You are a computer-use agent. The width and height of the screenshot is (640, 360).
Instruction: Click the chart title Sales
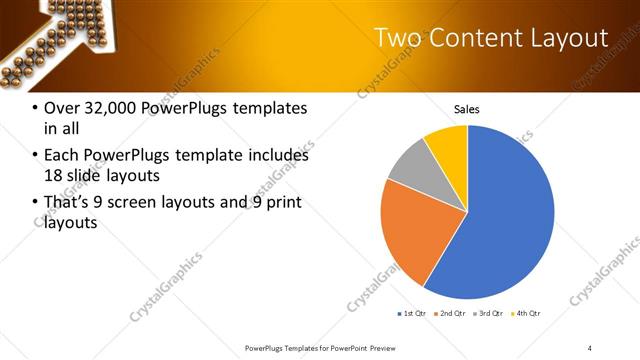(467, 109)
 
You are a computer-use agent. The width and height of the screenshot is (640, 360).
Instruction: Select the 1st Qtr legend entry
(414, 314)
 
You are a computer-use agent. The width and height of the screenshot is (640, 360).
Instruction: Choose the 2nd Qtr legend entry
(450, 314)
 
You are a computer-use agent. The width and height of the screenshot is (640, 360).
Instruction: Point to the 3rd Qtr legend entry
(487, 314)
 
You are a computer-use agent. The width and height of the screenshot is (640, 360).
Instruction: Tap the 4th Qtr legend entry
(524, 314)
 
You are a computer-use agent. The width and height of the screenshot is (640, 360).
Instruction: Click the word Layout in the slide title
(572, 38)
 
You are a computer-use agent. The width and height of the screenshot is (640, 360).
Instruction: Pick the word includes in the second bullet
(274, 156)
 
